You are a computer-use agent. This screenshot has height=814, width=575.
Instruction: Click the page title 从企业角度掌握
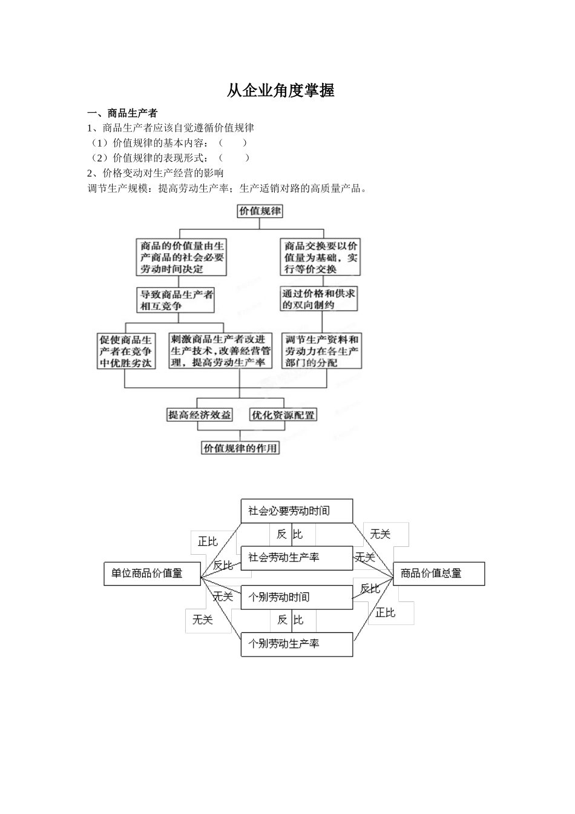coord(280,91)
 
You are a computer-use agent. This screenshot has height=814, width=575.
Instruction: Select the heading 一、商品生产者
coord(123,113)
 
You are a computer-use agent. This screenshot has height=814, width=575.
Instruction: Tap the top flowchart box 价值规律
coord(260,211)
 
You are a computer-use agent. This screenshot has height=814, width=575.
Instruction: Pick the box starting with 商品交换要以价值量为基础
coord(321,257)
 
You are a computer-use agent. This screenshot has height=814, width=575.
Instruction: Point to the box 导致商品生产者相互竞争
coord(176,300)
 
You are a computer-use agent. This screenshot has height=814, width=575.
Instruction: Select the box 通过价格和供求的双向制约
coord(319,299)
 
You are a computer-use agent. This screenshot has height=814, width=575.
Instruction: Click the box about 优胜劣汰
coord(126,351)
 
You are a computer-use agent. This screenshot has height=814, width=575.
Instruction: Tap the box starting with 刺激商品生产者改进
coord(221,351)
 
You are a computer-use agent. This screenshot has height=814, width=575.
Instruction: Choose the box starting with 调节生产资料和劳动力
coord(322,351)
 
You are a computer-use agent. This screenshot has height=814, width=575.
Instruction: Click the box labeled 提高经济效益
coord(200,415)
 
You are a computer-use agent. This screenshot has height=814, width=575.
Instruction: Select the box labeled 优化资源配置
coord(283,415)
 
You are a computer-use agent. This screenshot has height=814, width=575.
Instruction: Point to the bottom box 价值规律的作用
coord(240,448)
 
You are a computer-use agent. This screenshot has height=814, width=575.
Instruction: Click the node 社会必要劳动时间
coord(297,511)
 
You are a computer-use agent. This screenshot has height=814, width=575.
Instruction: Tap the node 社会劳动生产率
coord(297,558)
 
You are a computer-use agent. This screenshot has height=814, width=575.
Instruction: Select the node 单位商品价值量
coord(153,573)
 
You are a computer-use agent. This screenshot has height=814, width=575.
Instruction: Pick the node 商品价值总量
coord(439,573)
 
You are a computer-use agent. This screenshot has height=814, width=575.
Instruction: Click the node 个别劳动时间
coord(297,597)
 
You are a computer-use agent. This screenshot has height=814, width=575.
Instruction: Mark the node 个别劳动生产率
coord(297,644)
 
